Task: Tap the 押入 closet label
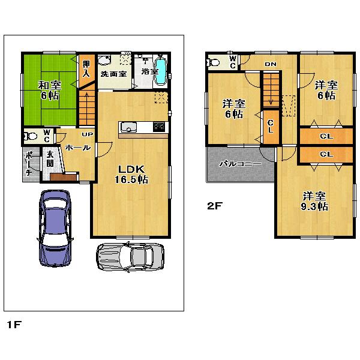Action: click(x=86, y=69)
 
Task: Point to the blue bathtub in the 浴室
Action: click(x=161, y=68)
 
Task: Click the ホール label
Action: click(x=78, y=148)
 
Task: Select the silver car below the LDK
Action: click(x=130, y=256)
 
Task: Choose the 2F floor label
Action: click(x=215, y=206)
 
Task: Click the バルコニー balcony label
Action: click(x=239, y=163)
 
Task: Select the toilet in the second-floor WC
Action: click(x=214, y=61)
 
